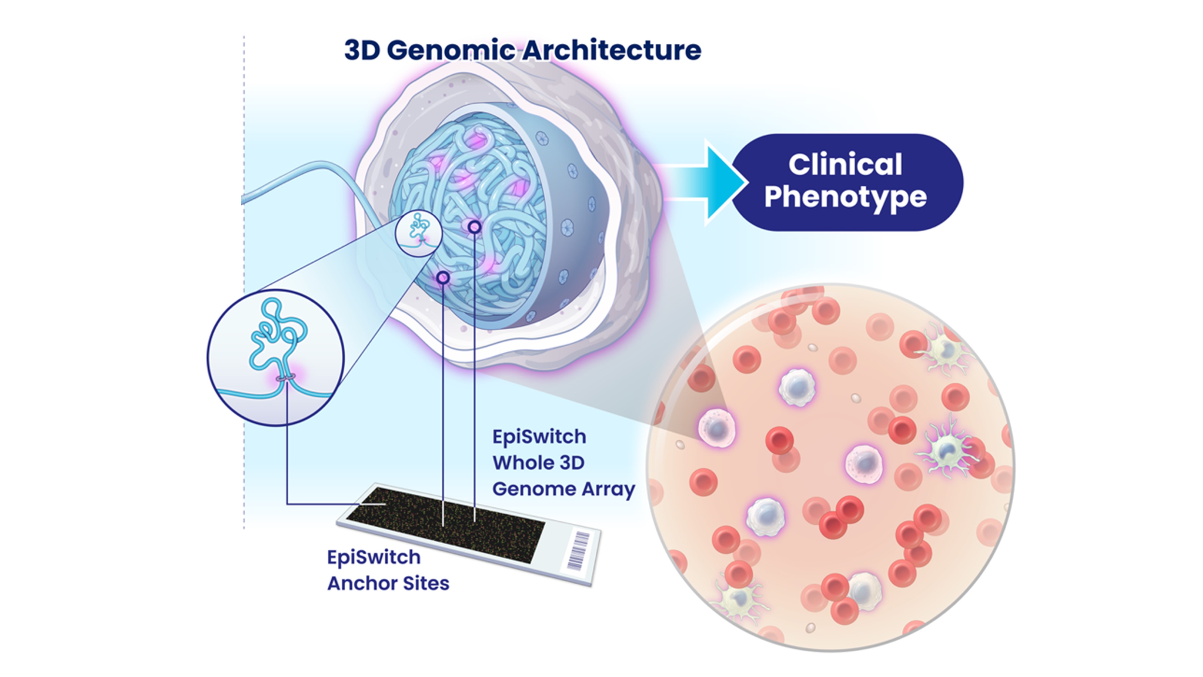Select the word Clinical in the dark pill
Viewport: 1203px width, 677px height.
845,165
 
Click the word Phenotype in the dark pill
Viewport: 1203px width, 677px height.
845,197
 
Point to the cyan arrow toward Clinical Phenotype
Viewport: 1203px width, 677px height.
715,182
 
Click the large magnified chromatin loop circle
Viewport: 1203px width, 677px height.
275,357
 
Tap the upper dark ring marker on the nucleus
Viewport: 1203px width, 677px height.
475,227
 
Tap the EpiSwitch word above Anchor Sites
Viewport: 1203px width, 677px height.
374,557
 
